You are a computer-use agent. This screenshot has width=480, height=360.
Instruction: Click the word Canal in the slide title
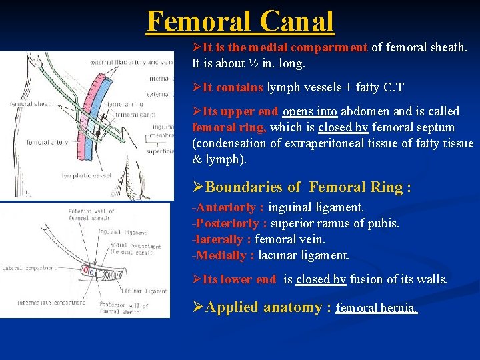297,21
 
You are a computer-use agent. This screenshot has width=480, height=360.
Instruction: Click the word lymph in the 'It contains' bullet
283,87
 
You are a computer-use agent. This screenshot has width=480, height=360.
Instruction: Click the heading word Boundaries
246,187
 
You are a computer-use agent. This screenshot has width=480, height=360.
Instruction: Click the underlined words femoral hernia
376,309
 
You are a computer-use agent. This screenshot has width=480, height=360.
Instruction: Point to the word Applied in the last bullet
233,307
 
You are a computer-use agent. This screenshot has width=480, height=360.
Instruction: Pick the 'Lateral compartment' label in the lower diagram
30,268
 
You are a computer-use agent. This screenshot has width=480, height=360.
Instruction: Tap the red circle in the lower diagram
85,270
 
